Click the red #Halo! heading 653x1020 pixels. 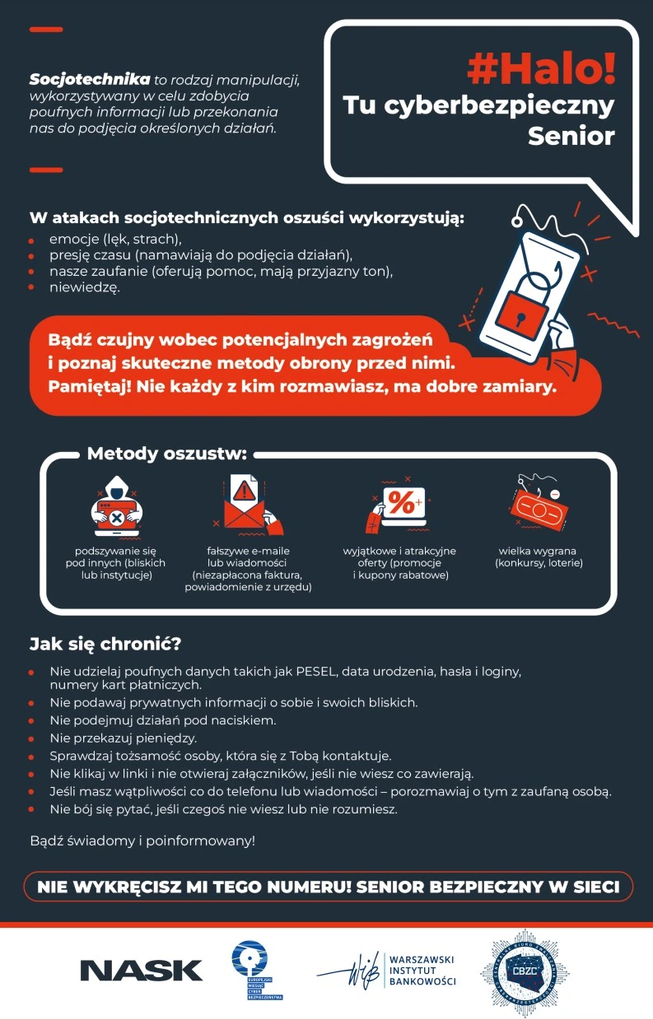point(541,70)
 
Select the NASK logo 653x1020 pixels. point(141,970)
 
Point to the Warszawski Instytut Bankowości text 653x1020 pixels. point(421,971)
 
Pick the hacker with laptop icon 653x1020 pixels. point(117,509)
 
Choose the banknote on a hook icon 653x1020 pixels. point(537,501)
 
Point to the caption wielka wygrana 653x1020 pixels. point(537,551)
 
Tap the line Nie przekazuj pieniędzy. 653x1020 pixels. point(124,738)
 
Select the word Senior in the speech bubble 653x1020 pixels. point(571,136)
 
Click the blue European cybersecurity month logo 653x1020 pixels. point(257,970)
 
